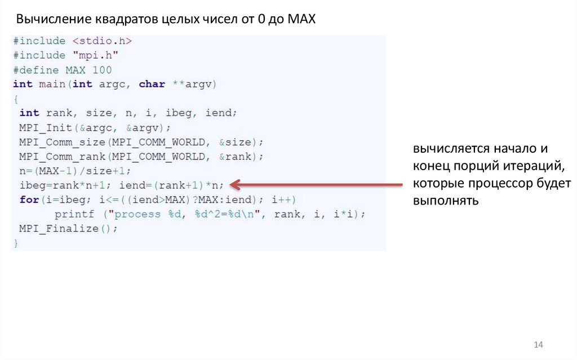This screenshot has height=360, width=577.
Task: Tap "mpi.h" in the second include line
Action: [x=95, y=55]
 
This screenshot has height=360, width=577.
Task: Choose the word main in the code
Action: [x=52, y=84]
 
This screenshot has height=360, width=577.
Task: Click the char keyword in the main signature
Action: [x=152, y=84]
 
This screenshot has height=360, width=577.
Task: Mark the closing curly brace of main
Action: [x=16, y=243]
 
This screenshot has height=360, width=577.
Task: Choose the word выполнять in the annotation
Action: [x=445, y=201]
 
